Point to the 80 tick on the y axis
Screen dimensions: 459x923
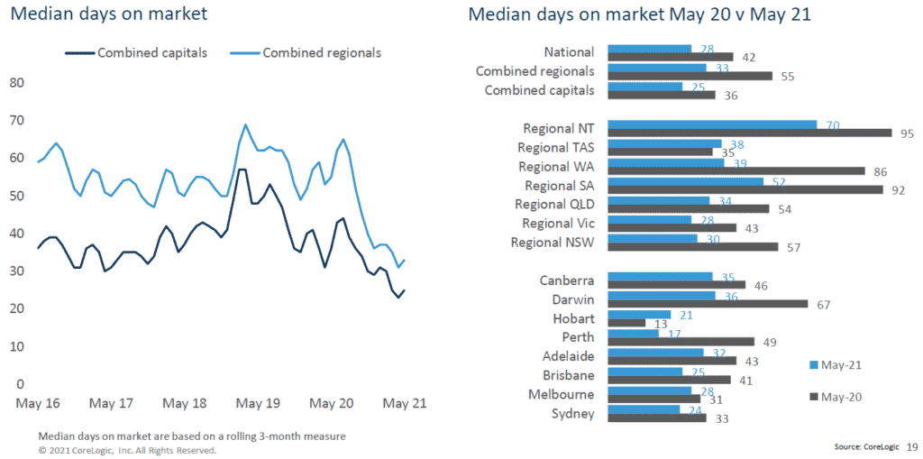tap(16, 83)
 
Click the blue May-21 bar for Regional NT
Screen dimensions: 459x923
tap(712, 124)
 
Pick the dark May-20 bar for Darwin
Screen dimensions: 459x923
tap(708, 303)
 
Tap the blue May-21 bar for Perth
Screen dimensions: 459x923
tap(634, 333)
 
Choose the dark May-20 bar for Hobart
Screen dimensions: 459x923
tap(627, 322)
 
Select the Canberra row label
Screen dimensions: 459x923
tap(567, 280)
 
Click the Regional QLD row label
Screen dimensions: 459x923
tap(555, 205)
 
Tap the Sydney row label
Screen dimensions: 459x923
tap(573, 414)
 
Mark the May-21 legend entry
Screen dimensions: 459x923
tap(836, 365)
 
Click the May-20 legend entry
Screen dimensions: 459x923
tap(836, 396)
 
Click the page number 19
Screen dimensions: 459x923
tap(912, 445)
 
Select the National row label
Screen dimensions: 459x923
tap(569, 52)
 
